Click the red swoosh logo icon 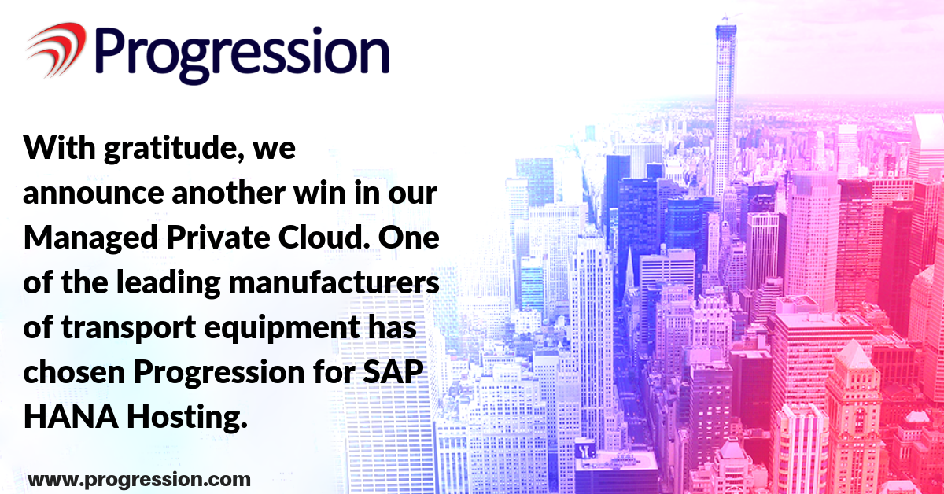(57, 50)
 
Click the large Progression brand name (242, 55)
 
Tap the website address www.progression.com (139, 480)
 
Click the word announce (94, 193)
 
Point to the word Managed (90, 238)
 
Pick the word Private (218, 238)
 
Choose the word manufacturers (334, 282)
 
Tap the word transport (128, 328)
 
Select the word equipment (282, 328)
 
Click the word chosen (74, 372)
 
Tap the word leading (168, 283)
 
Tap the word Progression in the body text (219, 373)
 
